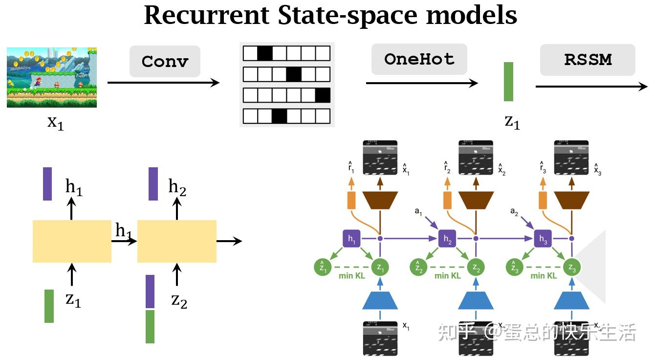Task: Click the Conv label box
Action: pyautogui.click(x=165, y=62)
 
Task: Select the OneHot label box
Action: pyautogui.click(x=419, y=59)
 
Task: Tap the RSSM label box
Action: pyautogui.click(x=588, y=60)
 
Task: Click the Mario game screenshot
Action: pyautogui.click(x=52, y=77)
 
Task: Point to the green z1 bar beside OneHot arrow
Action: pyautogui.click(x=508, y=82)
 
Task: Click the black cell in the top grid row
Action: pyautogui.click(x=264, y=53)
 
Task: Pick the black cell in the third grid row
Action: pyautogui.click(x=323, y=95)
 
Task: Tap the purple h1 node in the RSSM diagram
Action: pyautogui.click(x=352, y=239)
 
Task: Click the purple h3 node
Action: pyautogui.click(x=543, y=239)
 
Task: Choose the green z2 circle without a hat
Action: pyautogui.click(x=476, y=267)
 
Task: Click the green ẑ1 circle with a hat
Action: pyautogui.click(x=323, y=267)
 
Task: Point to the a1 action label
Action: pyautogui.click(x=418, y=211)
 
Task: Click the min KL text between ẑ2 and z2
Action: pyautogui.click(x=447, y=276)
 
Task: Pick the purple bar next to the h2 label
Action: pyautogui.click(x=153, y=184)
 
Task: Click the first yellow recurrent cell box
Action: pyautogui.click(x=72, y=241)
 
